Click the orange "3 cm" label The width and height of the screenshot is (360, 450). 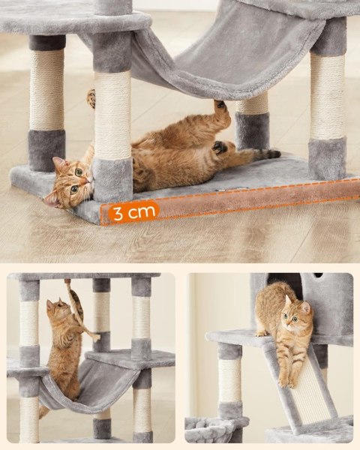[133, 212]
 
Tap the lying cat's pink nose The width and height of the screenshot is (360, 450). [90, 180]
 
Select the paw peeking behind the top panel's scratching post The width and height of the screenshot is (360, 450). [91, 98]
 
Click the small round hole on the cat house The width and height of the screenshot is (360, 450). [317, 275]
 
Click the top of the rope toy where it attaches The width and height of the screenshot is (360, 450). [67, 281]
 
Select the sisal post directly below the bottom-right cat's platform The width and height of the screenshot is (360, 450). [229, 379]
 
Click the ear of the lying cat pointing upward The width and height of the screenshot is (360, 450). [58, 163]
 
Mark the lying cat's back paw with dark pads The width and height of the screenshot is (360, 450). [220, 147]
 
